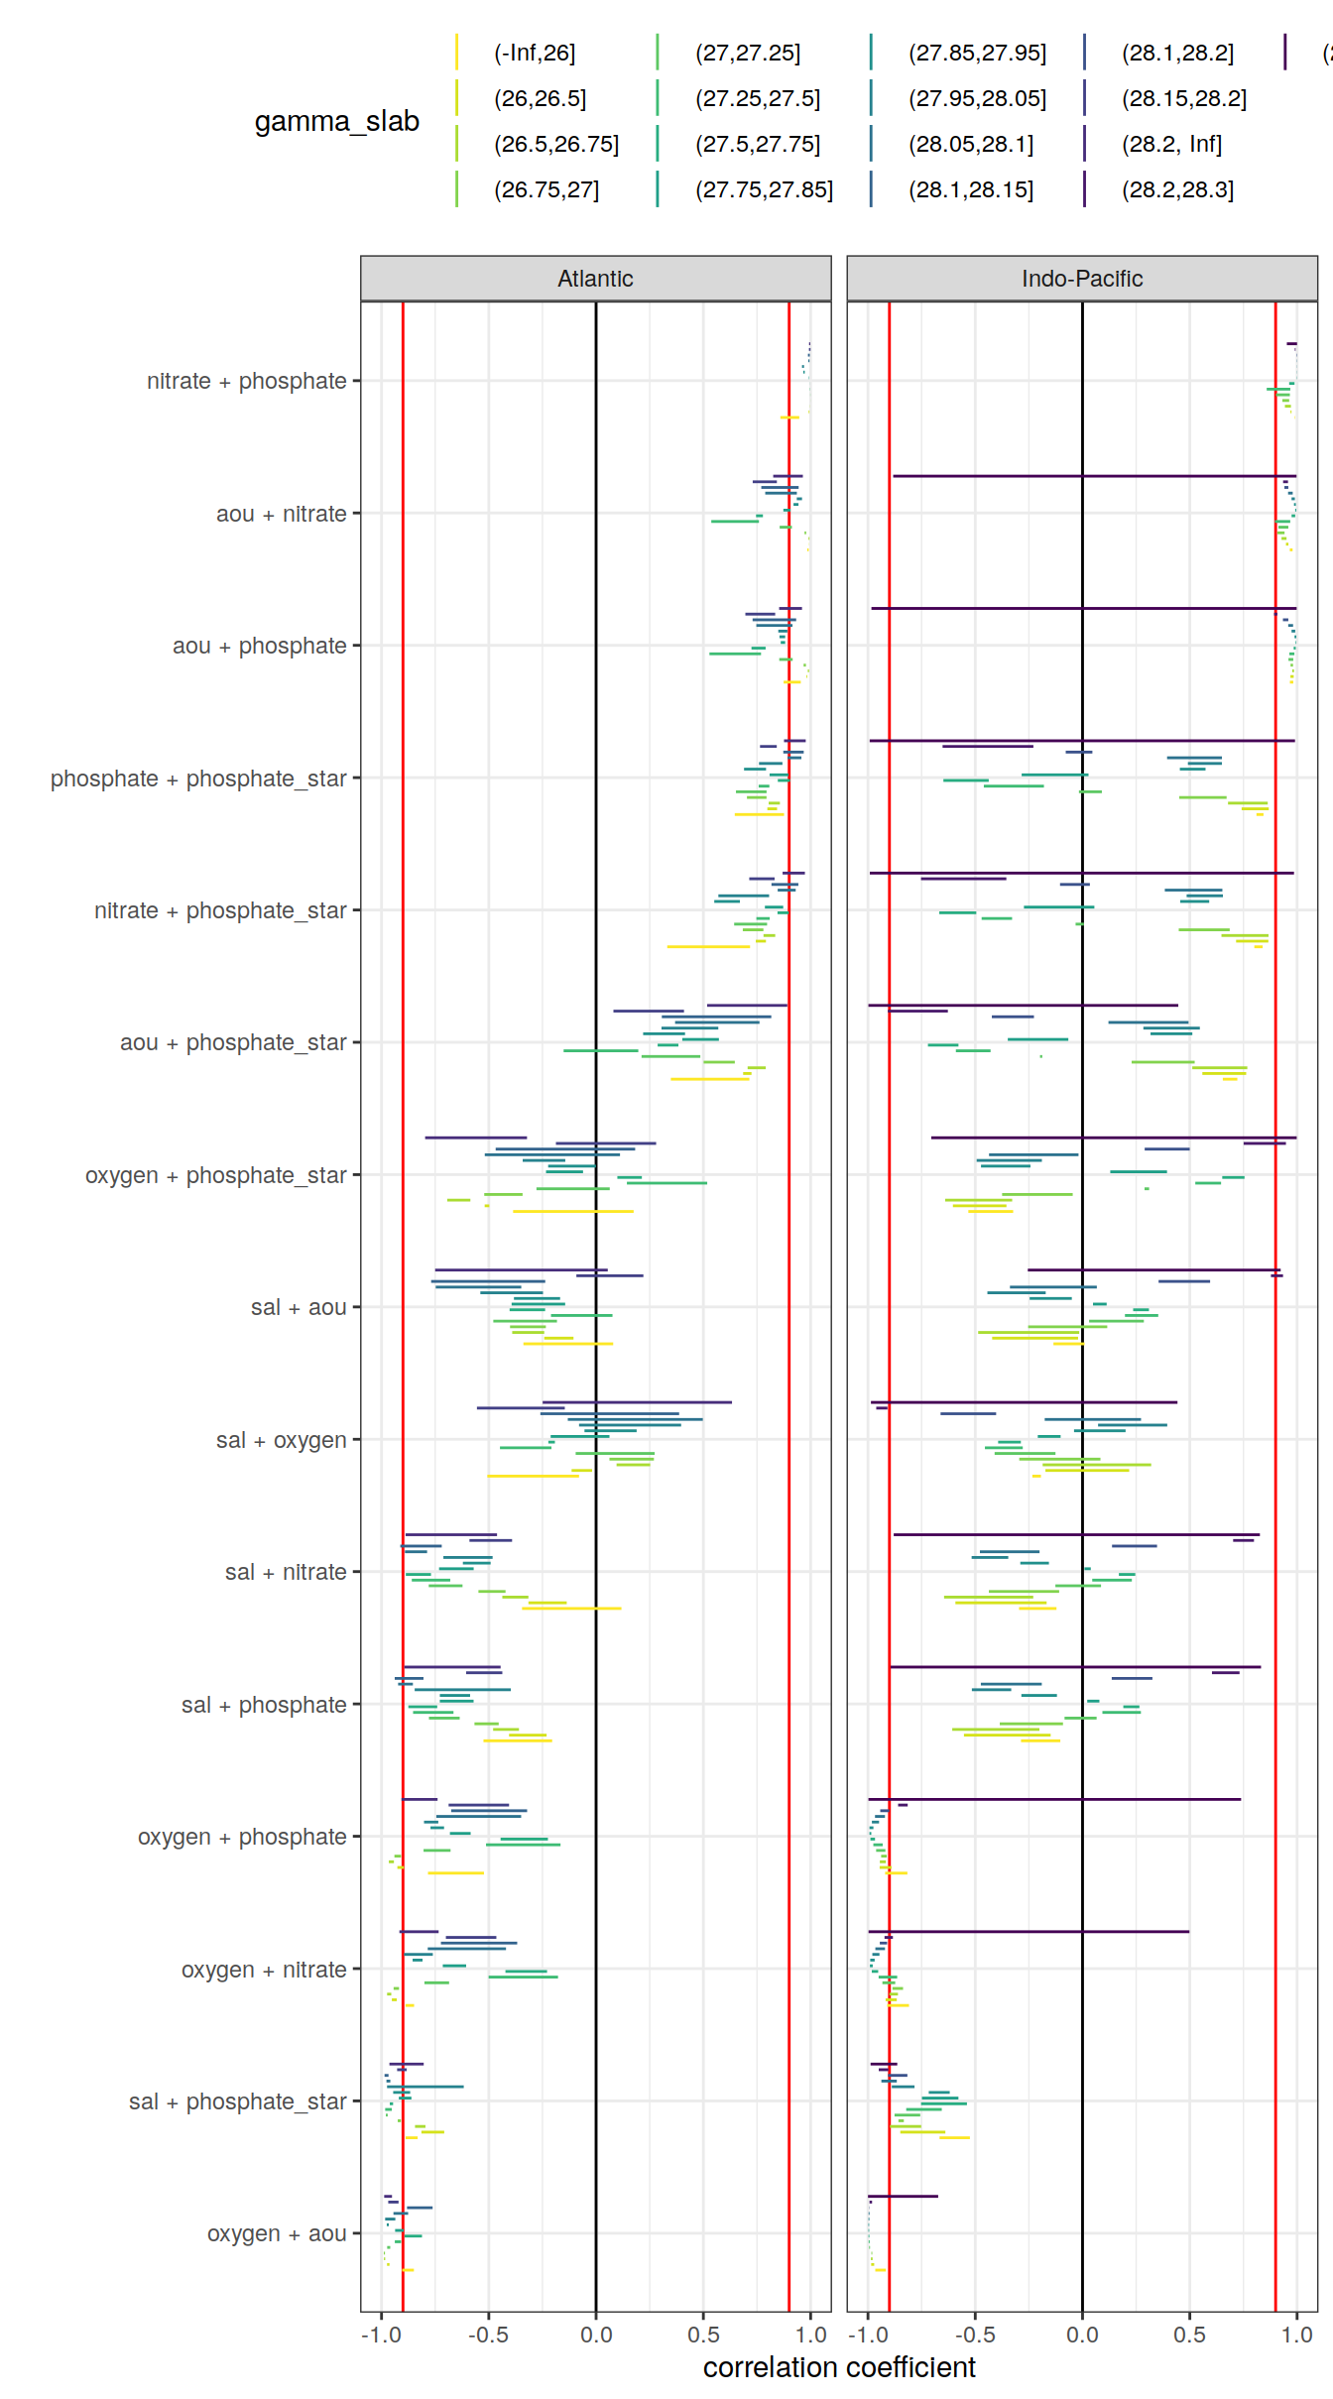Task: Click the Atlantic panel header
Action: (595, 279)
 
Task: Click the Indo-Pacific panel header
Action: (1081, 279)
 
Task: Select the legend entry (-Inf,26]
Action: (535, 53)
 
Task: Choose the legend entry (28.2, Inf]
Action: (1171, 144)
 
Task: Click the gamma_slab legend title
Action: (336, 121)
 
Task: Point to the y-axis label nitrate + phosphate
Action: (246, 381)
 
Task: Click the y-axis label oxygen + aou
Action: (276, 2232)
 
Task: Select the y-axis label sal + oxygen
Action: (281, 1439)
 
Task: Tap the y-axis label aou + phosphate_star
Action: (233, 1042)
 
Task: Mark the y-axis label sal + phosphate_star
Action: (237, 2100)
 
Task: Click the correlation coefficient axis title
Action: (839, 2367)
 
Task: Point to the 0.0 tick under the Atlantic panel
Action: (596, 2335)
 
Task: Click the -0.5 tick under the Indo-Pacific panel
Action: (975, 2335)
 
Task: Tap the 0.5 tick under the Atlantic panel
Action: (703, 2335)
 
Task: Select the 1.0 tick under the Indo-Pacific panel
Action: (1296, 2335)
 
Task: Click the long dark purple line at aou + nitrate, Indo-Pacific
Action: (1091, 476)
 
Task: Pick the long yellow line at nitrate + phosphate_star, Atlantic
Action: (708, 946)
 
